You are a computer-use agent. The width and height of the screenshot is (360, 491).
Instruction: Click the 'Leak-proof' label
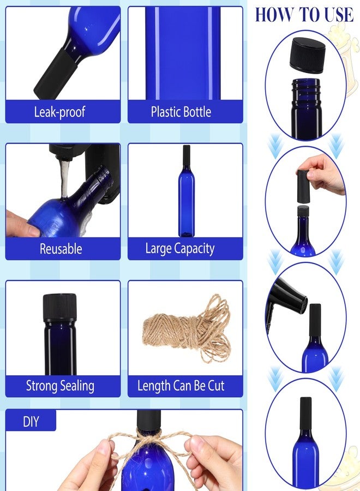click(x=59, y=112)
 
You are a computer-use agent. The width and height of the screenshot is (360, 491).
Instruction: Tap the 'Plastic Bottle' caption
click(x=181, y=112)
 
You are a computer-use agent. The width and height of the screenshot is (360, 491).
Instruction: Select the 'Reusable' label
click(x=61, y=249)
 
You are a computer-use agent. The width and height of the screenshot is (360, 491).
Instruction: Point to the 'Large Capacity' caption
click(x=180, y=249)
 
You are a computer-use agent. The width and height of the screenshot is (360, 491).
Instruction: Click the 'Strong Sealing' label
click(x=60, y=386)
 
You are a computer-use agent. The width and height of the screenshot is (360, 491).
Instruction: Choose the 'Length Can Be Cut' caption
click(x=181, y=386)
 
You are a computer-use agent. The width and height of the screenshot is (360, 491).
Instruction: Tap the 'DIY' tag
click(x=31, y=421)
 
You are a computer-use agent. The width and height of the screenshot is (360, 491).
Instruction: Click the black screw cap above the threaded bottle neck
click(x=308, y=55)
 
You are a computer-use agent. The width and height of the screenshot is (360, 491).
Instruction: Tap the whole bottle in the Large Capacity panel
click(x=187, y=191)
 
